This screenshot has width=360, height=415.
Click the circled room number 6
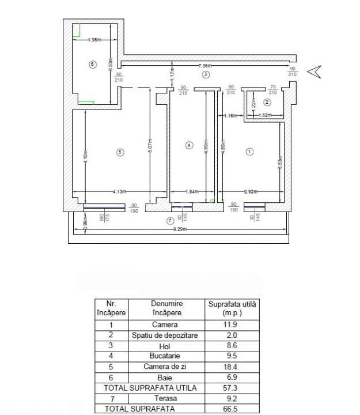pos(92,64)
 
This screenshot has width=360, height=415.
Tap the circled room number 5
pos(120,152)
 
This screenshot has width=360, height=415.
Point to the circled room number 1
pos(249,152)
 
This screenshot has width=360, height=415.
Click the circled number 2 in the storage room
pos(267,103)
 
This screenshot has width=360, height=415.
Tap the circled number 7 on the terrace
pos(169,221)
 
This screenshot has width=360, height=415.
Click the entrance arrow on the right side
pos(314,71)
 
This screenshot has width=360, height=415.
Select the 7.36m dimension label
pos(207,65)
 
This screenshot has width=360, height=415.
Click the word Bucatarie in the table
pos(166,356)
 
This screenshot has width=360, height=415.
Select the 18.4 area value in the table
pos(233,367)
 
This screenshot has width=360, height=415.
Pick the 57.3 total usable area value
pos(233,388)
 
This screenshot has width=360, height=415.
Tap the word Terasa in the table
pos(166,398)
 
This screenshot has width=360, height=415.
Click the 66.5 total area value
pos(233,409)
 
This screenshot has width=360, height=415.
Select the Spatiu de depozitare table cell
pos(166,335)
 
